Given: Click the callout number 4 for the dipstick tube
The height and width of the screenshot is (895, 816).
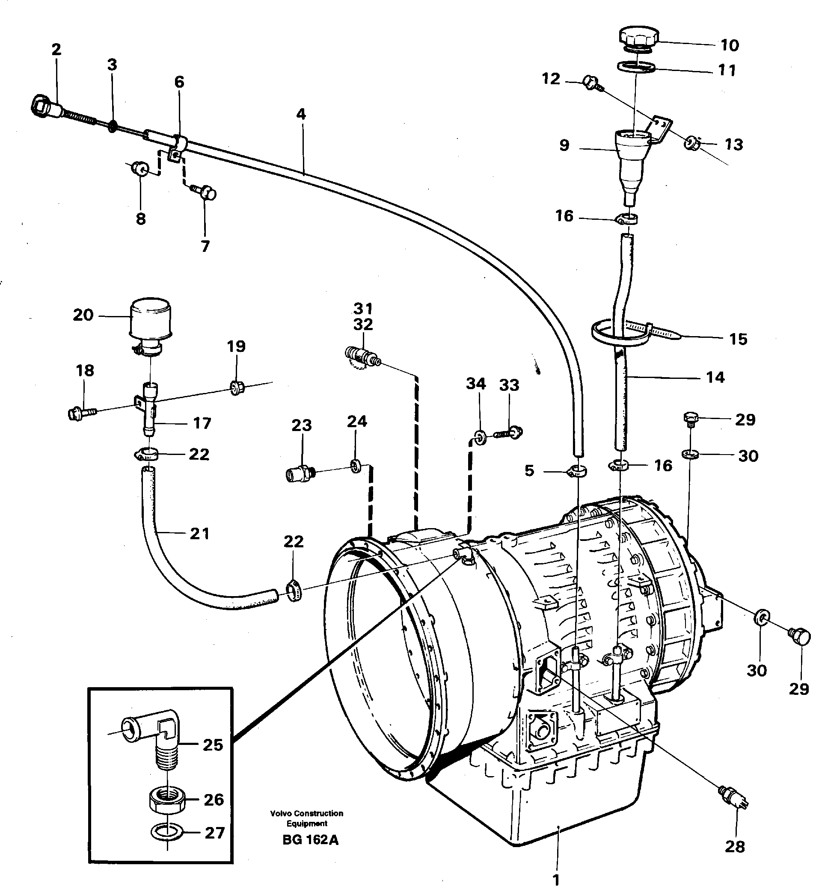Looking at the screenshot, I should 301,114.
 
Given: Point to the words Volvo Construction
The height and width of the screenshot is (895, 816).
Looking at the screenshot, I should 306,813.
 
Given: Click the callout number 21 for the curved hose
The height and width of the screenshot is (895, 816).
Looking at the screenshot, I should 199,533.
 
